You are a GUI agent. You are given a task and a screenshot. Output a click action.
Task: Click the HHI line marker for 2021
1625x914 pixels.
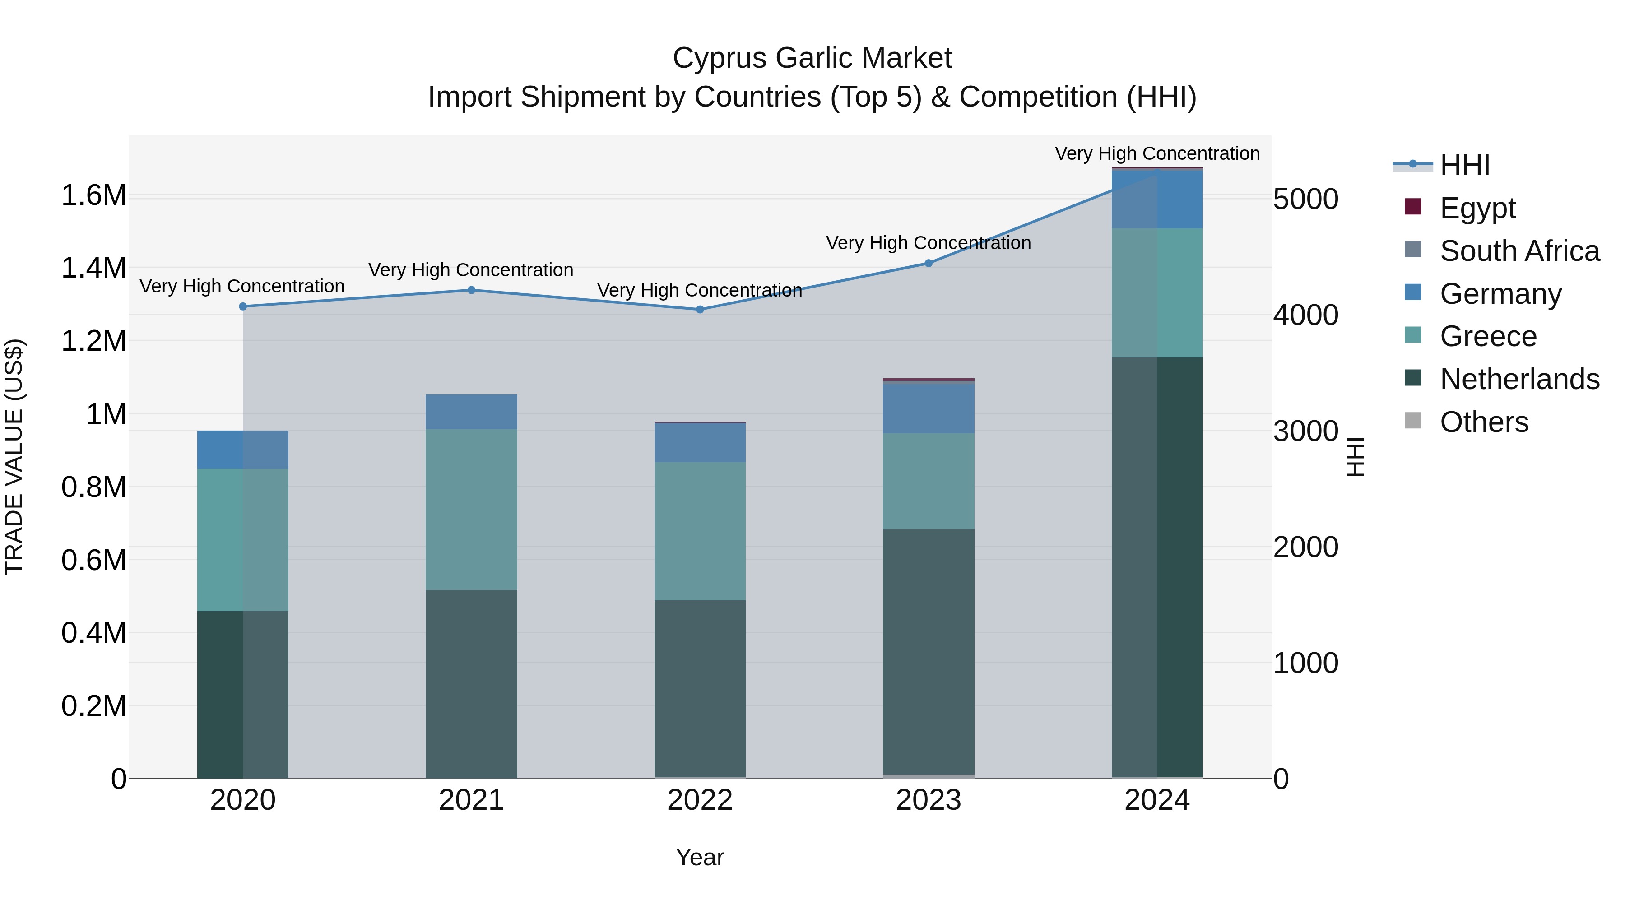(x=471, y=290)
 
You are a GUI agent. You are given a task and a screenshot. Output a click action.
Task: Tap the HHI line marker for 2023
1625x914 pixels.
(x=929, y=263)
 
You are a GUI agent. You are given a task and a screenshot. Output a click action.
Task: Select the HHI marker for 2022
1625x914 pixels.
(x=700, y=310)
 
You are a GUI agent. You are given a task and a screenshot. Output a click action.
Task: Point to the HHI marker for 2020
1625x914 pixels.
(x=243, y=306)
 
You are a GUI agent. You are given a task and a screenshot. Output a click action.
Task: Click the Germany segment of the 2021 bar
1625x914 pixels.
(x=471, y=412)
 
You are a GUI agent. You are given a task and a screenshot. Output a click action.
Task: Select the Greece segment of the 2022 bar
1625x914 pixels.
(x=700, y=531)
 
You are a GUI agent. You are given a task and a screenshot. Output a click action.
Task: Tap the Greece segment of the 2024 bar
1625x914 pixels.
(x=1157, y=292)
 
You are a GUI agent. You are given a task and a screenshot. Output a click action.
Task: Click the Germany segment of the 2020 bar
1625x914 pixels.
(x=243, y=450)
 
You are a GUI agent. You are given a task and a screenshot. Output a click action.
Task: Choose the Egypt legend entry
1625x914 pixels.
(x=1477, y=208)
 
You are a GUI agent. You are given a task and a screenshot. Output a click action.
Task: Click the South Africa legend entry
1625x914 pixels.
(x=1519, y=251)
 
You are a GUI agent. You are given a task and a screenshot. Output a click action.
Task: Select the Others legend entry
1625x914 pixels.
(x=1484, y=422)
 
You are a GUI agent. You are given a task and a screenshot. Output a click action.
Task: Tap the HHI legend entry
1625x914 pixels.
(x=1464, y=165)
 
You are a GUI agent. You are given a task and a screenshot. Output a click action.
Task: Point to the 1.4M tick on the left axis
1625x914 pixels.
(x=94, y=268)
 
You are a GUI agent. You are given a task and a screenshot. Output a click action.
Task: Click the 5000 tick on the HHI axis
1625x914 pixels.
(x=1305, y=200)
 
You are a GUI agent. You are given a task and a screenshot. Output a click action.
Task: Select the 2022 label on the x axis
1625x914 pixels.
(x=700, y=800)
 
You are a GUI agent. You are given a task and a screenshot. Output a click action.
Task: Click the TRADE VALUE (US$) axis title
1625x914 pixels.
(x=14, y=457)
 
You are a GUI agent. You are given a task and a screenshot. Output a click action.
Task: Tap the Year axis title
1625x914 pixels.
(x=700, y=857)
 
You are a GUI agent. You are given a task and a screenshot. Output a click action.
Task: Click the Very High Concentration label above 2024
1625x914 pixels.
(x=1157, y=153)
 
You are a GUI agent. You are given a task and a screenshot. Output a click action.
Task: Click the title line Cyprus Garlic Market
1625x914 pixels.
(x=812, y=58)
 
